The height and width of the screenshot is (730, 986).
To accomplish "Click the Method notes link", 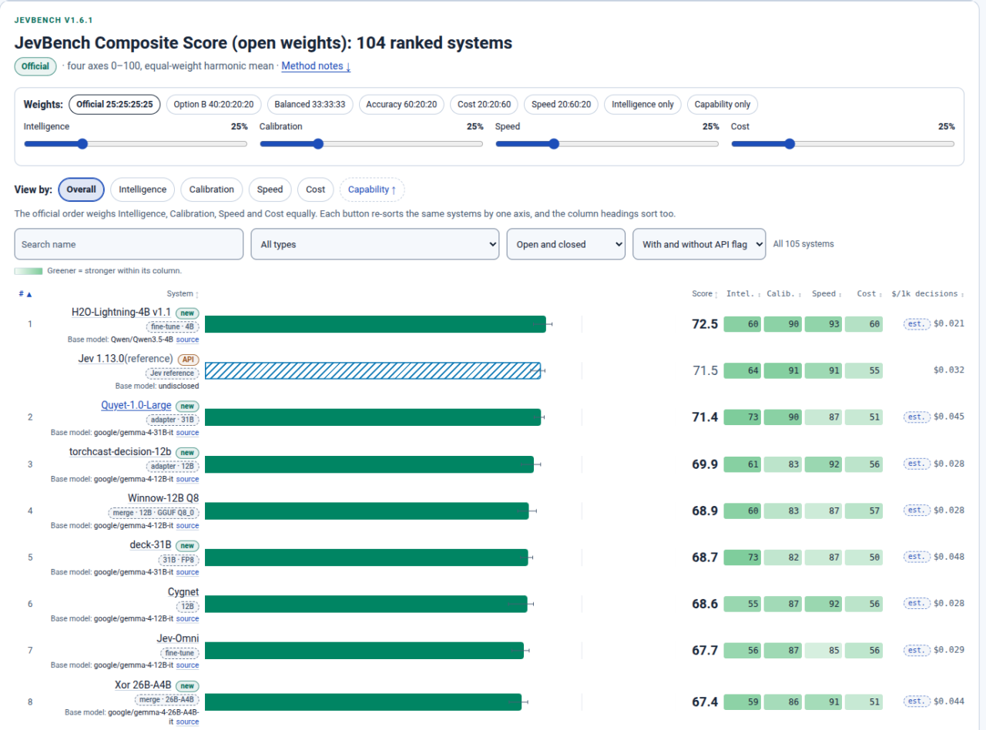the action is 316,65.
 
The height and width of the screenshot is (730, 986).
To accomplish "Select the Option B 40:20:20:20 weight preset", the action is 213,105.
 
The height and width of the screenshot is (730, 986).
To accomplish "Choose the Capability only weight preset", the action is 722,105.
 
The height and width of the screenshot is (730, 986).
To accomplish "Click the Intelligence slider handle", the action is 82,143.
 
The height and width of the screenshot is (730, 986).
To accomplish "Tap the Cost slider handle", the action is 790,143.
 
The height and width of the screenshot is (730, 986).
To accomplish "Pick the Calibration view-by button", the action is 211,189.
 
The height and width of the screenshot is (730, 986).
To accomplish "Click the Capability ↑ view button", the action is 371,189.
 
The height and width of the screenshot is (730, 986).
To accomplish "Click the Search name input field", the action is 129,244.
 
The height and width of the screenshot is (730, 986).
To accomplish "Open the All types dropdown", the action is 374,244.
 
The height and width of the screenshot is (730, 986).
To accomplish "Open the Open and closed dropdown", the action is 566,244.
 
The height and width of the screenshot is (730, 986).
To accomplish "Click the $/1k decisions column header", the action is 927,294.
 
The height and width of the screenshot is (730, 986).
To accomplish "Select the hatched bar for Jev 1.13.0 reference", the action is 373,371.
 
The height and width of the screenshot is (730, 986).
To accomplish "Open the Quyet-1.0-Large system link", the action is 136,405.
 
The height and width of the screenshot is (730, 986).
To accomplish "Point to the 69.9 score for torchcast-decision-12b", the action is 705,464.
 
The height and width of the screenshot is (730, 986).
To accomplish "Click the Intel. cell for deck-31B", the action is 743,558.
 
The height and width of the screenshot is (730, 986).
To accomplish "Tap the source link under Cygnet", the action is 187,618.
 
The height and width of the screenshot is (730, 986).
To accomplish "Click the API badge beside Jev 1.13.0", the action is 189,359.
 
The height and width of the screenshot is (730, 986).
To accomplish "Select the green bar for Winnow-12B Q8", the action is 367,511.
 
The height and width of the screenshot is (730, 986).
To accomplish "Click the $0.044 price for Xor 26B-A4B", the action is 949,702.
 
